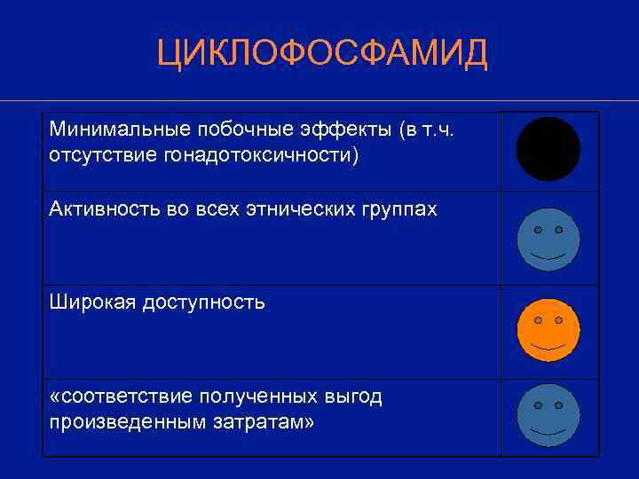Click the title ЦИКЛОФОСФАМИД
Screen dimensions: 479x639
[x=322, y=54]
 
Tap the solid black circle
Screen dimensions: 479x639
[x=548, y=149]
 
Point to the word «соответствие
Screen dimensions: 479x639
[x=121, y=397]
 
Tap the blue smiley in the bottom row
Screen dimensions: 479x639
[x=548, y=415]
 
